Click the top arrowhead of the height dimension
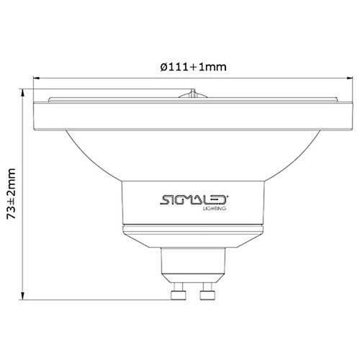tap(25, 93)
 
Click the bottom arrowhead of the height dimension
tap(25, 295)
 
